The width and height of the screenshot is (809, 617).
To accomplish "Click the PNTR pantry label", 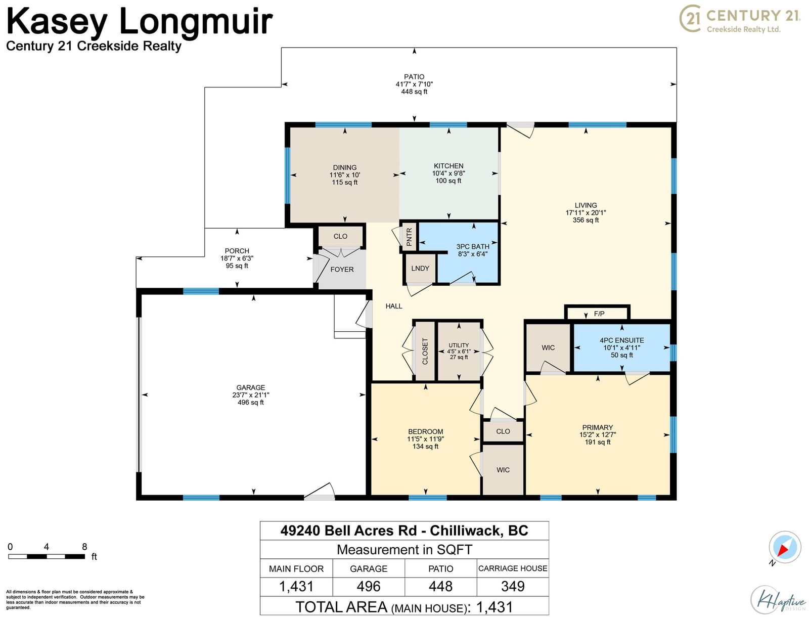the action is (409, 237).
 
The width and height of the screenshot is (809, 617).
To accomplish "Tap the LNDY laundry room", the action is (420, 269).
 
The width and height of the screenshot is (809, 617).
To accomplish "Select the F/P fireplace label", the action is (599, 314).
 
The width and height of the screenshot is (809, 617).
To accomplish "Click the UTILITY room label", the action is (459, 345).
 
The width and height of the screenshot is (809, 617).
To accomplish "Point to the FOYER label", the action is (342, 270).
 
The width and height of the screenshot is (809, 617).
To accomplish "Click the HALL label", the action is (394, 306).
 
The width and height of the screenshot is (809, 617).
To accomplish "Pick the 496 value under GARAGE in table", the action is (369, 586).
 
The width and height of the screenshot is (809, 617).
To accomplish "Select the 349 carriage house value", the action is (513, 586).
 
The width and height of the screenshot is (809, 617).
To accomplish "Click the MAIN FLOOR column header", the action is (296, 569).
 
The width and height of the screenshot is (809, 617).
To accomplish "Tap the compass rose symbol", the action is (785, 547).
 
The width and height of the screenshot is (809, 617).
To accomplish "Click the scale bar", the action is (47, 556).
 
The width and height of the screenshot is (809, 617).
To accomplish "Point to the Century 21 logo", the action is (740, 18).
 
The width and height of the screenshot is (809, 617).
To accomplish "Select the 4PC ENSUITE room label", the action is (622, 340).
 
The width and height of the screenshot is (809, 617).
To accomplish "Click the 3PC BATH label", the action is (473, 247).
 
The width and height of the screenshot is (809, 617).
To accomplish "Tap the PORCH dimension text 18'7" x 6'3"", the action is (237, 258).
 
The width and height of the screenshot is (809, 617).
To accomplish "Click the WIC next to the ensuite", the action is (548, 347).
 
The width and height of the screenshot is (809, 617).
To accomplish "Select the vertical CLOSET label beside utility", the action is (425, 351).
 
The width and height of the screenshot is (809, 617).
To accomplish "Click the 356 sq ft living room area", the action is (586, 220).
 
